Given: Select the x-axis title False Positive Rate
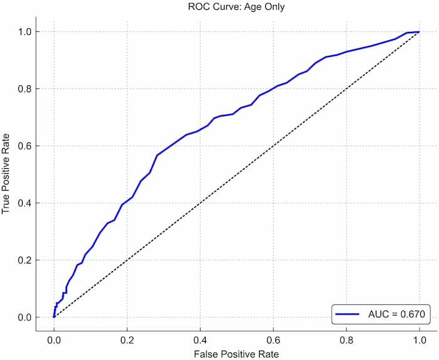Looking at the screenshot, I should coord(236,354).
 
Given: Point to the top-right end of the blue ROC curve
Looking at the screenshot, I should coord(418,31).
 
